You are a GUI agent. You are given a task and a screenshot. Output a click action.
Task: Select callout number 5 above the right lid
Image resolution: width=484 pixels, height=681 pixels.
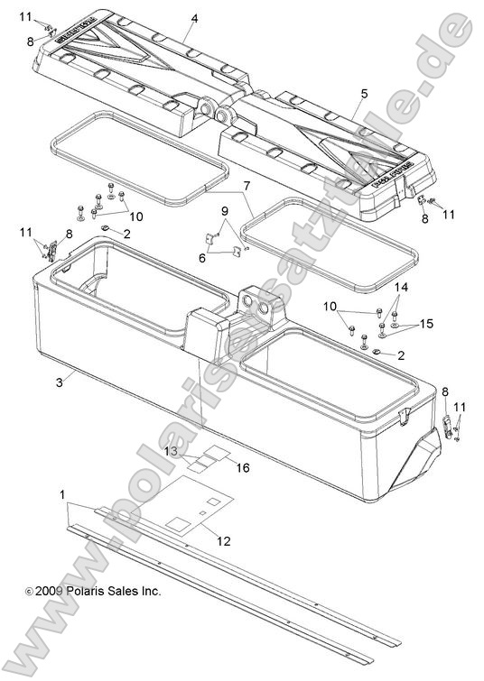[x=364, y=93]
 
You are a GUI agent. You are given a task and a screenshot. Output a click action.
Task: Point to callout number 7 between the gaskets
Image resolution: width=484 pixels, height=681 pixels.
[x=245, y=186]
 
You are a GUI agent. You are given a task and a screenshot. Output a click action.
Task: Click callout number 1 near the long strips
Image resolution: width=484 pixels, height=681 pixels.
[x=61, y=495]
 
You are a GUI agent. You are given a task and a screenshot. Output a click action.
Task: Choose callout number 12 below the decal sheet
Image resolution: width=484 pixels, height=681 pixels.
[x=223, y=540]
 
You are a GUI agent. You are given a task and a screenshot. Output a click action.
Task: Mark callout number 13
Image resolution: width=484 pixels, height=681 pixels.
[x=169, y=450]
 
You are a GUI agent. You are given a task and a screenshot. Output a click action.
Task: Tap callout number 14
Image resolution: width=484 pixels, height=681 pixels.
[x=402, y=287]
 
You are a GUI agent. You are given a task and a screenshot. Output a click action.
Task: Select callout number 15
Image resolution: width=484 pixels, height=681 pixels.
[x=426, y=324]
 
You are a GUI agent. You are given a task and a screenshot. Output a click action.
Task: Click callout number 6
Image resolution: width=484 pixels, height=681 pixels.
[x=202, y=257]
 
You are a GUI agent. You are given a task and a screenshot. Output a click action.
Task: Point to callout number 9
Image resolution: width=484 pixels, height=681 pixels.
[x=227, y=211]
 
